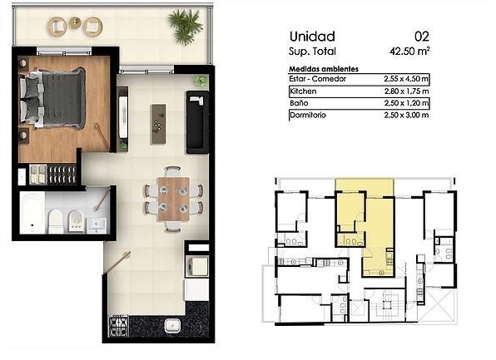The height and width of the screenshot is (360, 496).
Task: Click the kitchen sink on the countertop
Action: click(x=173, y=326)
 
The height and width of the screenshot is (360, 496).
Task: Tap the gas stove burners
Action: click(x=119, y=327)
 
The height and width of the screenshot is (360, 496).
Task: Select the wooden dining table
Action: click(x=173, y=199)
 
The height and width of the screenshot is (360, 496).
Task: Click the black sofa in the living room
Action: click(x=198, y=122)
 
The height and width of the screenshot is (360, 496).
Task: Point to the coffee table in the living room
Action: click(x=159, y=124)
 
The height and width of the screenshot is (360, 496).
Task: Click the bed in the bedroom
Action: click(x=52, y=98)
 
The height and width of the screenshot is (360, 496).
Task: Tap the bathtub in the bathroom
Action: click(x=32, y=213)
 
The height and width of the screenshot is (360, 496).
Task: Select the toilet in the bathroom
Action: click(x=56, y=221)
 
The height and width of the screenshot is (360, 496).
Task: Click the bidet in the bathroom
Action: click(x=76, y=221)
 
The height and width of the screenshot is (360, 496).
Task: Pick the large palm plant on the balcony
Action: click(x=185, y=27)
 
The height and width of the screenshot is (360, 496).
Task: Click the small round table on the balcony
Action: click(x=75, y=22)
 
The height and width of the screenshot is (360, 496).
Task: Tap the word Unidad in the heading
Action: click(x=312, y=37)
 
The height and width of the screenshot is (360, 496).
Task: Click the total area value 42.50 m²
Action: click(x=409, y=51)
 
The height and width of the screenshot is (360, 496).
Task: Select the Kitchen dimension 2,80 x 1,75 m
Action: click(x=406, y=91)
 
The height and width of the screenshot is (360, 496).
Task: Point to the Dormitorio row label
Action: click(x=308, y=115)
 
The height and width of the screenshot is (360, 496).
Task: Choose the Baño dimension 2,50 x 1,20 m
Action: click(x=406, y=103)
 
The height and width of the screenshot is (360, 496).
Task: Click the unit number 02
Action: click(x=422, y=37)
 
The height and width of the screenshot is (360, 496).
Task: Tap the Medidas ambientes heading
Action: click(x=324, y=69)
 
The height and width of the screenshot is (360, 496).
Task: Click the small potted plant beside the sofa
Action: click(x=201, y=81)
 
